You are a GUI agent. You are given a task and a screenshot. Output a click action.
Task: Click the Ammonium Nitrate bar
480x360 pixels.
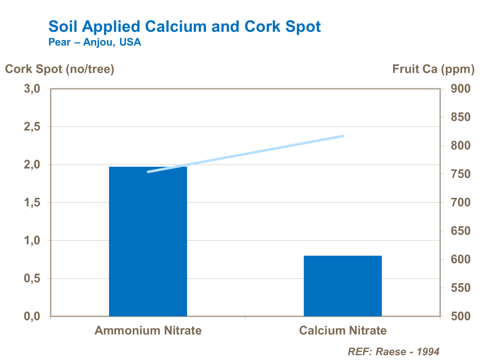click(148, 243)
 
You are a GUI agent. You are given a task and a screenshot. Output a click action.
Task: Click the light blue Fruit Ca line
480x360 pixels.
click(246, 154)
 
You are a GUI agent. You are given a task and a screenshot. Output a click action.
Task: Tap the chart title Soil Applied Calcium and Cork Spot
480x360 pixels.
click(185, 26)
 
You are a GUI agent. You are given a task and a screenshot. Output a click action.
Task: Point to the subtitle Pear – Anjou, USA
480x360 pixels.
click(95, 42)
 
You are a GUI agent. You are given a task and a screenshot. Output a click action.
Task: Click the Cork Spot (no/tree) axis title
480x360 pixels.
click(60, 69)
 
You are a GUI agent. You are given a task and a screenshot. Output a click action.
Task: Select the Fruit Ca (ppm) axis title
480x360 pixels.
click(433, 69)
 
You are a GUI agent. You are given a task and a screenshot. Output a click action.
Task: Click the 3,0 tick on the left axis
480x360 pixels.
click(32, 89)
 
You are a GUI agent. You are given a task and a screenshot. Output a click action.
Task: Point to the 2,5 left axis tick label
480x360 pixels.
click(32, 127)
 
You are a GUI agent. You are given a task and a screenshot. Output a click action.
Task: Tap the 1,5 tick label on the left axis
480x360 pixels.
click(32, 203)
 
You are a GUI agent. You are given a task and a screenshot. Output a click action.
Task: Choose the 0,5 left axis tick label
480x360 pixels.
click(32, 278)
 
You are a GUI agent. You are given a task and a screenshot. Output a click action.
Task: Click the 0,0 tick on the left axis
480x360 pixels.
click(32, 316)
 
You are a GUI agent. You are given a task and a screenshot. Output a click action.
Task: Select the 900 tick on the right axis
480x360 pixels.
click(461, 89)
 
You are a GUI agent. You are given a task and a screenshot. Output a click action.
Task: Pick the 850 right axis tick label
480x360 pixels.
click(461, 117)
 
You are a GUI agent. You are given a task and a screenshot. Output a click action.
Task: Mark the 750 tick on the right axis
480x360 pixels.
click(461, 174)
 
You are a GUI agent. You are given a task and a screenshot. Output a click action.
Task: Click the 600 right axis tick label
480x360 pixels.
click(461, 259)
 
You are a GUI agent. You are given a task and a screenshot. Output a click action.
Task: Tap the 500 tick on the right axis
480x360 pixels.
click(461, 316)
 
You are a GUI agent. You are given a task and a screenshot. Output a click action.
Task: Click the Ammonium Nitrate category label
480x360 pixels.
click(148, 330)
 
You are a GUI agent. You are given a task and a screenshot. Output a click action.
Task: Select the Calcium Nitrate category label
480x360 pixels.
click(343, 330)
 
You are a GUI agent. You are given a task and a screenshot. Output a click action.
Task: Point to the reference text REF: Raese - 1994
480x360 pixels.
click(394, 352)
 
